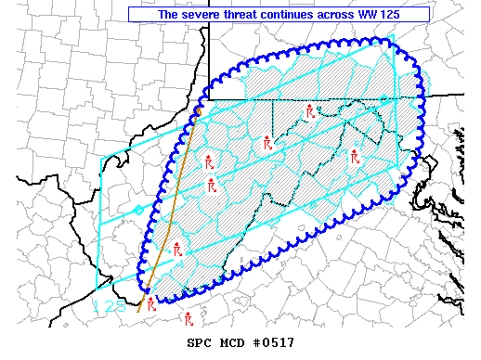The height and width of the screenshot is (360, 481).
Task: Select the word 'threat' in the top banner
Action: click(x=244, y=15)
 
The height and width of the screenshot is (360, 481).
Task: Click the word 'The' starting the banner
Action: click(x=168, y=15)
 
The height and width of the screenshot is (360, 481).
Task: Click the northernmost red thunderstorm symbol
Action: click(x=310, y=112)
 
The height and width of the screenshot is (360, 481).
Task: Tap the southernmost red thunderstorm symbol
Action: click(x=188, y=319)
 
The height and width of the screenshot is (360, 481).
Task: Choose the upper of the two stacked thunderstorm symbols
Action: click(x=208, y=161)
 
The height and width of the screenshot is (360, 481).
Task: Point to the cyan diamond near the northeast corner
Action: click(x=383, y=99)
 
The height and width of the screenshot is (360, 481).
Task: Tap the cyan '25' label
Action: click(x=115, y=305)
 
